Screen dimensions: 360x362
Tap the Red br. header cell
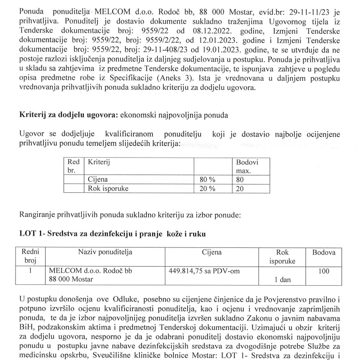pyautogui.click(x=73, y=166)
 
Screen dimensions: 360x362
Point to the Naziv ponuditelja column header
pyautogui.click(x=104, y=252)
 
